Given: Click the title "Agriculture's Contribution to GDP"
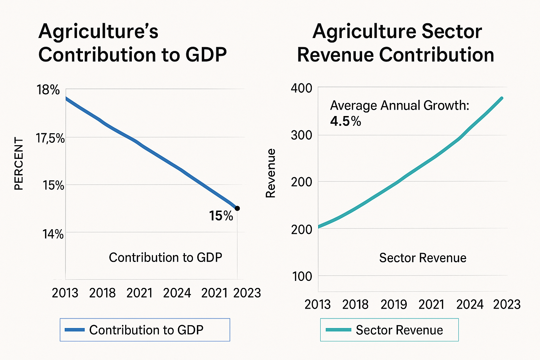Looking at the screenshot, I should (133, 43).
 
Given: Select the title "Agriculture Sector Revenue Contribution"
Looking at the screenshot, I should (396, 43).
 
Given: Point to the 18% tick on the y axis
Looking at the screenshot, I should (48, 90).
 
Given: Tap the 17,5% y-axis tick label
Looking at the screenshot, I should (50, 139).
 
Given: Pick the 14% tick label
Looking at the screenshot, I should (53, 234).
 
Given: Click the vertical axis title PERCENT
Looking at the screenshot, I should (19, 163).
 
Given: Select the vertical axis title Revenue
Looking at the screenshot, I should (270, 173).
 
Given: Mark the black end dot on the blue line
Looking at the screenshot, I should (237, 208).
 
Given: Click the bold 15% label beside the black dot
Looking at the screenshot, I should (221, 216).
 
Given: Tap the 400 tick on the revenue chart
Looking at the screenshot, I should (302, 88).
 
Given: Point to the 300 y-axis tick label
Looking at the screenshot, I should (302, 135).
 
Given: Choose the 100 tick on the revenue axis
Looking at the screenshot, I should (302, 277).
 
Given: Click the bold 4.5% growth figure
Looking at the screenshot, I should (346, 121).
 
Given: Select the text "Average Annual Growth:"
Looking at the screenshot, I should (400, 105).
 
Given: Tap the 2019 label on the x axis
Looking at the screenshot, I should (393, 304).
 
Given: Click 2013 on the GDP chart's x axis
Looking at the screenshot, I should (65, 293).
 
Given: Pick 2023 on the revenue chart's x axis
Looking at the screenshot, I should (507, 304).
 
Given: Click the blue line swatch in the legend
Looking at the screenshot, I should (75, 330).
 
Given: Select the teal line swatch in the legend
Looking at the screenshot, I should (338, 330).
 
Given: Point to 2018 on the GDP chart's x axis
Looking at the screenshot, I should (102, 293).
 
